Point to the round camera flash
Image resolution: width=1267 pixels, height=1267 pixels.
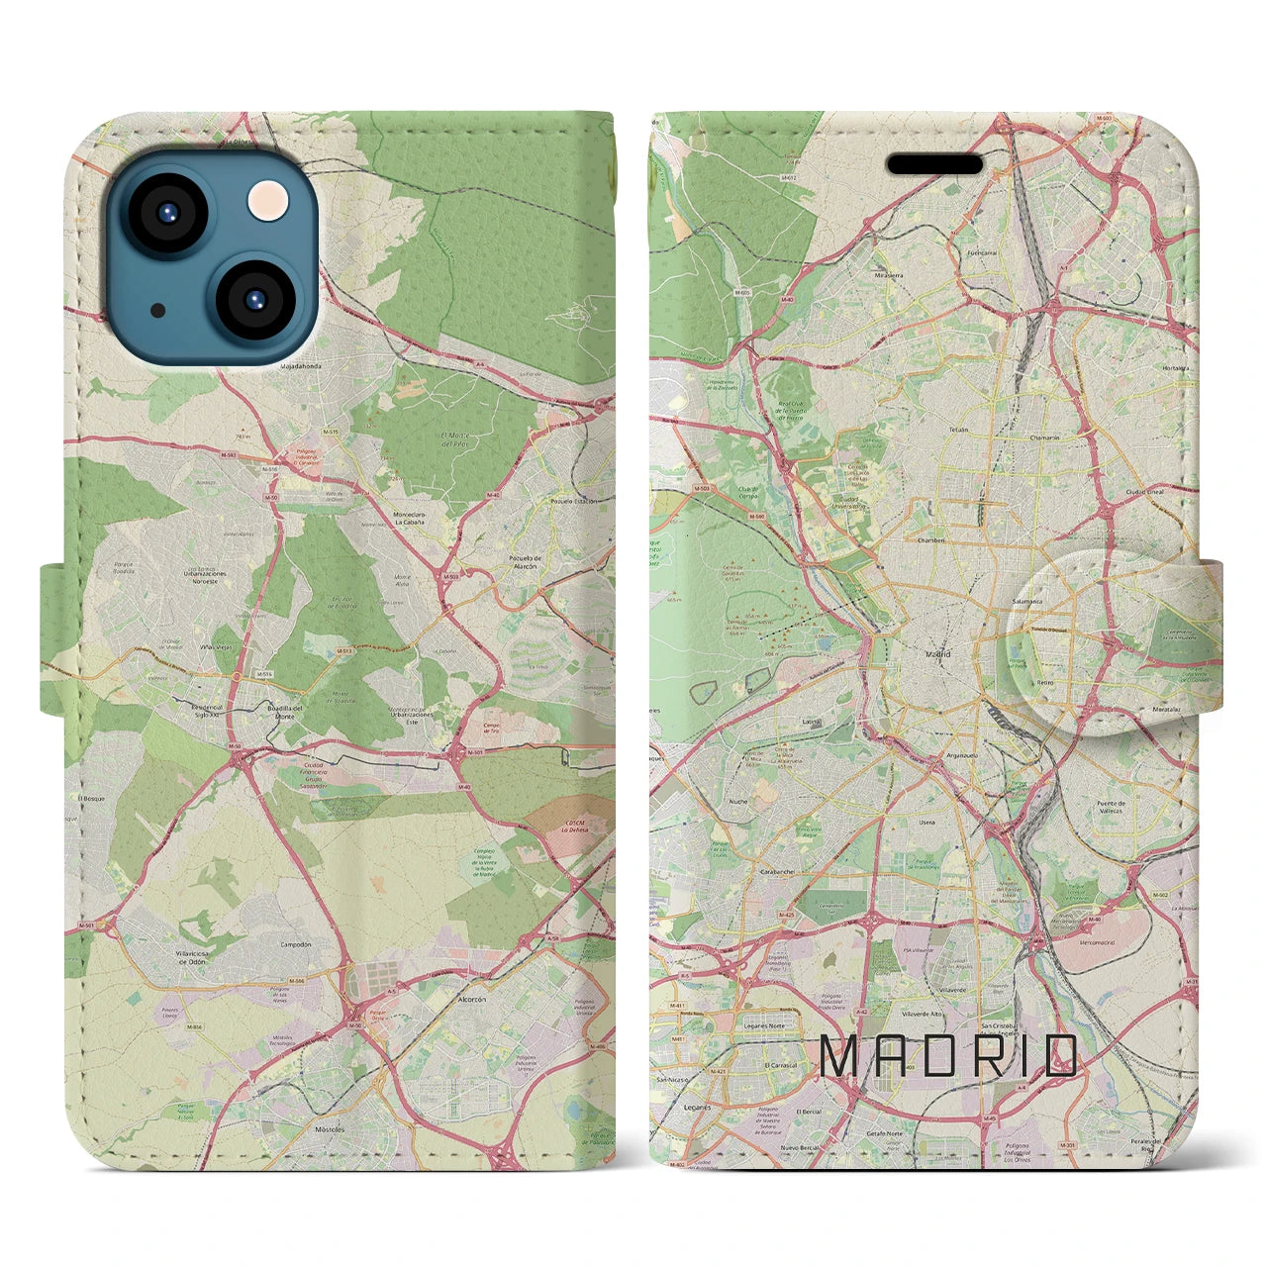(268, 202)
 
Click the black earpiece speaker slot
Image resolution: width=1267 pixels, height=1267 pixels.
(934, 163)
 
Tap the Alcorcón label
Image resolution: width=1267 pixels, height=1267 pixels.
(471, 1000)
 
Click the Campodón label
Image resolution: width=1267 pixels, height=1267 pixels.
(295, 944)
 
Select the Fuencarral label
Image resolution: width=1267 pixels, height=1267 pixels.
(981, 252)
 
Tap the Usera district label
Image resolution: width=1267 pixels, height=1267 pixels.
(926, 823)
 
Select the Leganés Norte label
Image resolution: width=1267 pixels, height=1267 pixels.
(763, 1026)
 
